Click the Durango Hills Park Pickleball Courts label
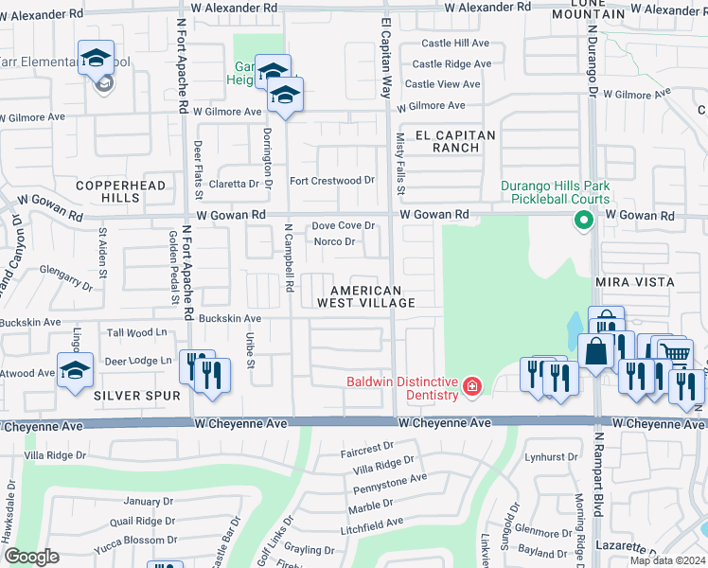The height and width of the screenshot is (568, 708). [x=555, y=193]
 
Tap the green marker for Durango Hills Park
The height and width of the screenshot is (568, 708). [x=584, y=222]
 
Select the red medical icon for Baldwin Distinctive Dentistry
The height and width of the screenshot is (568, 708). [x=471, y=386]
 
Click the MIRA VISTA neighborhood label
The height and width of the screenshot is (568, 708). [x=634, y=282]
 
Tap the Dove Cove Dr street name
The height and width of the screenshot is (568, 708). [x=344, y=225]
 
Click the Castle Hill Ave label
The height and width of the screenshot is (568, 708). [x=454, y=43]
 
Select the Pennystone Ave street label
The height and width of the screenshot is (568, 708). [x=389, y=477]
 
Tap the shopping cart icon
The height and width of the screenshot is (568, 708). [x=675, y=355]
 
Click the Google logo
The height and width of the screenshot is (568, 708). [x=31, y=557]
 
